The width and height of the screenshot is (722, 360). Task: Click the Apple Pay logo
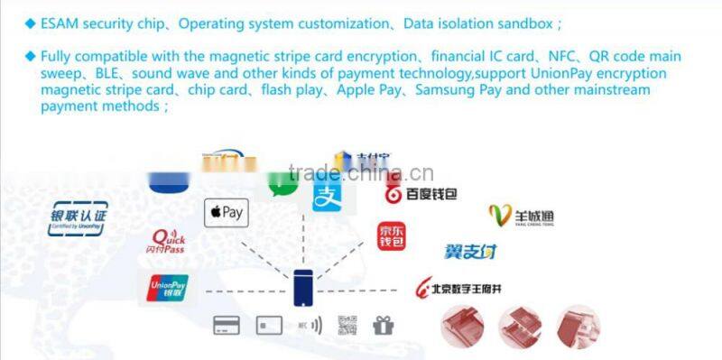[226, 213]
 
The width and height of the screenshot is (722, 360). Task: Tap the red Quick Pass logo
[169, 240]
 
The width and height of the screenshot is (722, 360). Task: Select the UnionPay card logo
[168, 288]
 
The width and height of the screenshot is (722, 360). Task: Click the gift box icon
[384, 325]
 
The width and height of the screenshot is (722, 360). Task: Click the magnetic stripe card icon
[227, 325]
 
